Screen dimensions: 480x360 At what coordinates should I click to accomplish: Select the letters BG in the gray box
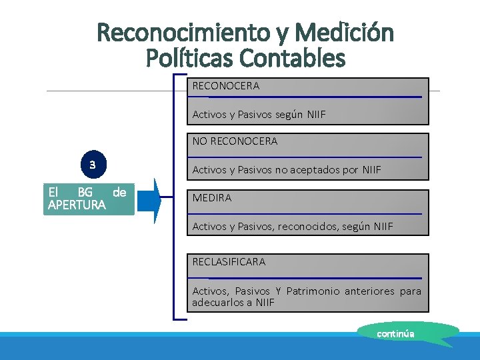[85, 193]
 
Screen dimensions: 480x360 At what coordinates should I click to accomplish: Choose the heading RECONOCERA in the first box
[226, 86]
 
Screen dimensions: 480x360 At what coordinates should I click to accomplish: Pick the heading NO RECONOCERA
[235, 141]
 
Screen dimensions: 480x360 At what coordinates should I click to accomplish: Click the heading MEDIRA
[212, 198]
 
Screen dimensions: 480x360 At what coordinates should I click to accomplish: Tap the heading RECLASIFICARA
[229, 262]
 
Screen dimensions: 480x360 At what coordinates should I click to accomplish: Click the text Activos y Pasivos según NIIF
[259, 115]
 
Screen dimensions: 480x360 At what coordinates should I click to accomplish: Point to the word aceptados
[315, 170]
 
